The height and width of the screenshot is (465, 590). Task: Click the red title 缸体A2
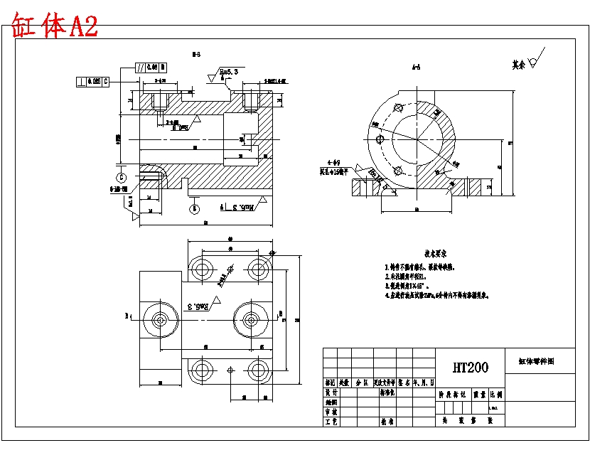point(54,26)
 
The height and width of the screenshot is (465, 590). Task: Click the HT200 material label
point(471,368)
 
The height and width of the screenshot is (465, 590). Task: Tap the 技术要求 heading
point(440,253)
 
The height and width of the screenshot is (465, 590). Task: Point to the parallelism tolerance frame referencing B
point(150,68)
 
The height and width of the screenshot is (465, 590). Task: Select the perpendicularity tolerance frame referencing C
point(93,81)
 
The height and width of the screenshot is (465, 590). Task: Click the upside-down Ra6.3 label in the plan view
point(201,306)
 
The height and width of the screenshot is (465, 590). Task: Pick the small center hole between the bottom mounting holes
point(230,370)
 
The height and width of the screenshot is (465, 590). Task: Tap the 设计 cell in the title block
point(331,392)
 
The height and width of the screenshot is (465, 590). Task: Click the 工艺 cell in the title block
point(331,422)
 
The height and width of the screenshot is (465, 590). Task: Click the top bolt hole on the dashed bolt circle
point(398,109)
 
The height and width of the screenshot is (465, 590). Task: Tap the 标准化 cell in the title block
point(387,392)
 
